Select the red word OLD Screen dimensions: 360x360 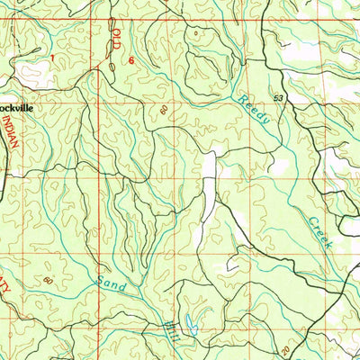116,41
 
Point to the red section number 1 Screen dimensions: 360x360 52,58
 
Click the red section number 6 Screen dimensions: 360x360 131,60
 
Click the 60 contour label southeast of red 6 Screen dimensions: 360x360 164,109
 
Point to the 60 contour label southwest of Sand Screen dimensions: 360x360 47,282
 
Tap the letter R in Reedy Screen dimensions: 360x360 242,101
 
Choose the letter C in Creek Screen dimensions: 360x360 309,219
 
